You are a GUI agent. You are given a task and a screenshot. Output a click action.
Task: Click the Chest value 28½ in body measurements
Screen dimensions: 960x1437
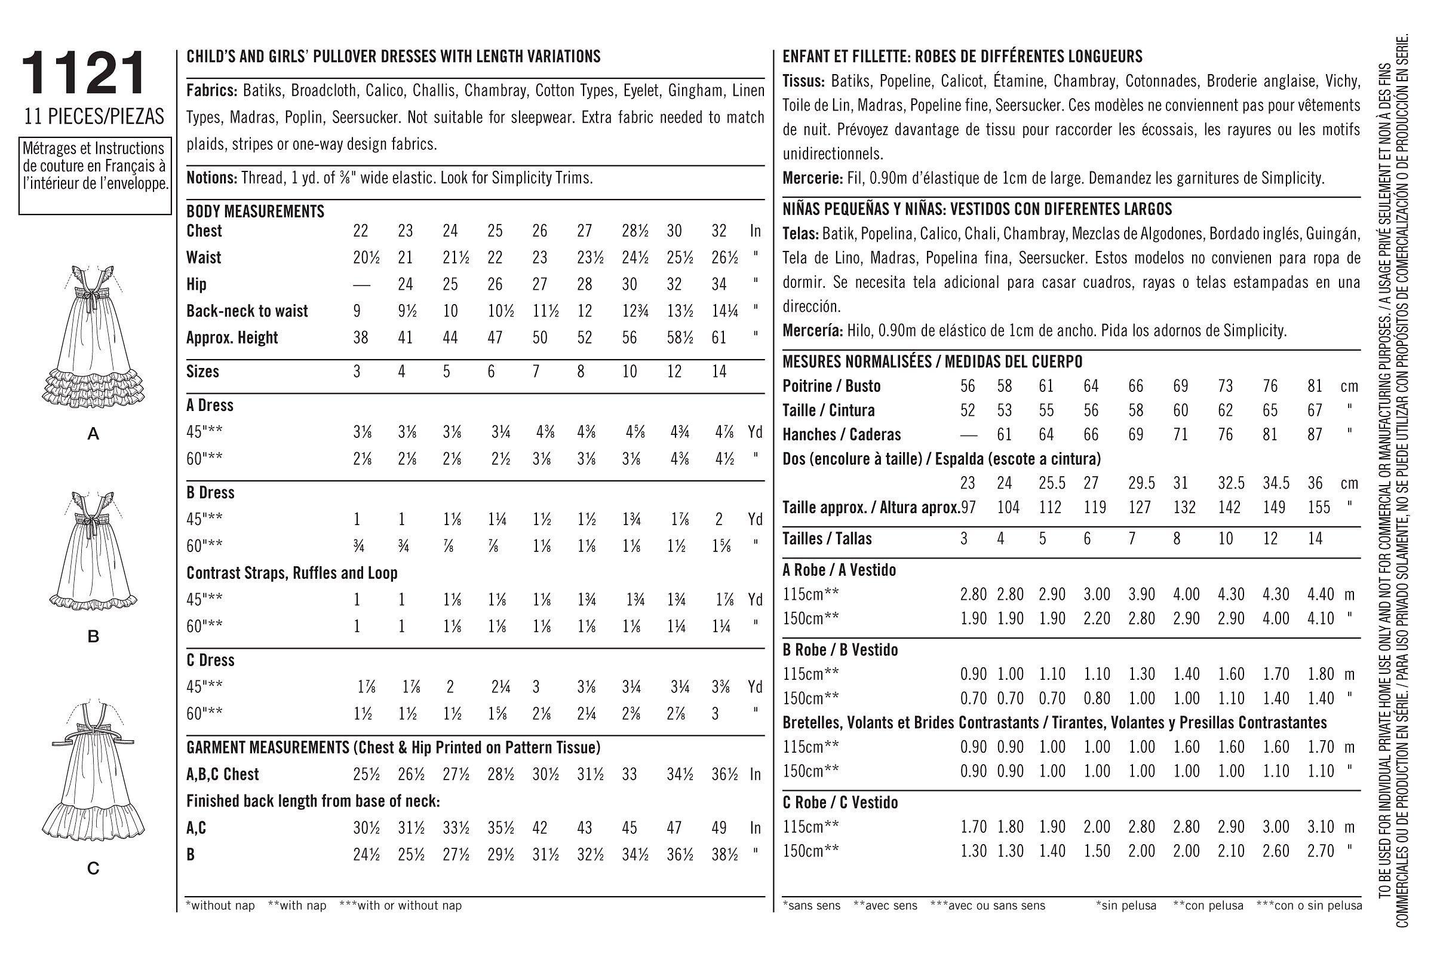(630, 231)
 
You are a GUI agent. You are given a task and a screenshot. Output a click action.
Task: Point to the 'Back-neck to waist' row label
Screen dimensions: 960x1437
(247, 311)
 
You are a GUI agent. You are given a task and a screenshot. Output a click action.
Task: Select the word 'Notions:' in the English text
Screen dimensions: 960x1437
(211, 178)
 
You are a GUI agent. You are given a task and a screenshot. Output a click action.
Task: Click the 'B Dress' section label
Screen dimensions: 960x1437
(210, 493)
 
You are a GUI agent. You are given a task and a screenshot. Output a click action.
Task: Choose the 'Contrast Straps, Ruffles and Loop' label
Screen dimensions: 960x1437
(292, 573)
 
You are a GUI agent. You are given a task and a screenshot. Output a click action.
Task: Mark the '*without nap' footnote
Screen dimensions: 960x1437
(220, 905)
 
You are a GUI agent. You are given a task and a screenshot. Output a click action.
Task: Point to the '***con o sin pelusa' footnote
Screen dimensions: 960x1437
(1309, 905)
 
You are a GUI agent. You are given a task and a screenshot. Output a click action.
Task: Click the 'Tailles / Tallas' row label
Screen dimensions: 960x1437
(827, 539)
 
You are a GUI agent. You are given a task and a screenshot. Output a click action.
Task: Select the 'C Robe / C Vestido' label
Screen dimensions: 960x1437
(840, 803)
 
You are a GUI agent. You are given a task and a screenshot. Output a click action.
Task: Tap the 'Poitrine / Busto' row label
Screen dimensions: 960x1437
(831, 387)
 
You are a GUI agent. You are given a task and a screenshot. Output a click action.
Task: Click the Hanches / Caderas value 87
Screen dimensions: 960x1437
(1315, 435)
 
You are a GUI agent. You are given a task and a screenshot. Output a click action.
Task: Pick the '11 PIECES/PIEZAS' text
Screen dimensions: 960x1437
(94, 116)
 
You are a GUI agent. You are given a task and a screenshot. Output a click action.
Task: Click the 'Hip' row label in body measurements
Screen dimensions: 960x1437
(196, 285)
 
